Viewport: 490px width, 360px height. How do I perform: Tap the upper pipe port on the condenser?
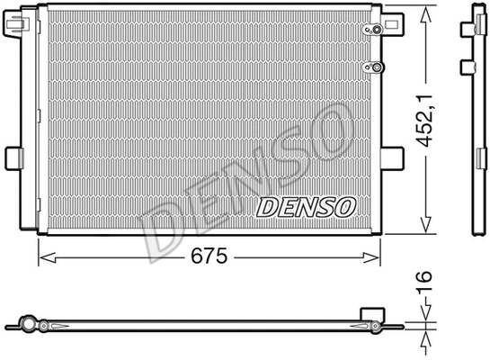368,31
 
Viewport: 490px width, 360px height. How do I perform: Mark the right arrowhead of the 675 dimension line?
377,258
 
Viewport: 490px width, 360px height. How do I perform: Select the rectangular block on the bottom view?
370,312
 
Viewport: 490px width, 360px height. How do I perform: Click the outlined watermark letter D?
166,226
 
